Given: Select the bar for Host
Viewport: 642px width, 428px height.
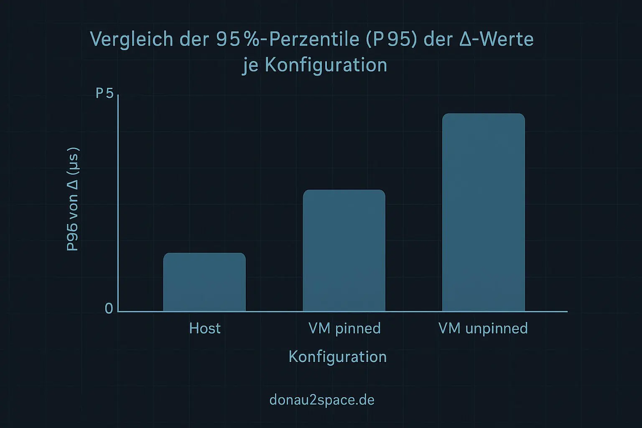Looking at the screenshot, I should pos(204,282).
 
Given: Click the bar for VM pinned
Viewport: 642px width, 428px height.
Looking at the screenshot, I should pos(344,251).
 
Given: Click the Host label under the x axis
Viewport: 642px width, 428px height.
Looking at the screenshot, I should pos(204,329).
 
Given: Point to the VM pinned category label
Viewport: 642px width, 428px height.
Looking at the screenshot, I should pos(344,329).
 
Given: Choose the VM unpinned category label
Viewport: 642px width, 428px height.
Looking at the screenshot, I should pos(483,329).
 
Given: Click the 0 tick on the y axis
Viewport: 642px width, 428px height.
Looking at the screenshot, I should pos(109,309).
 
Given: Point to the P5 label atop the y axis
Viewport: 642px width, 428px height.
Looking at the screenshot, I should pos(104,93).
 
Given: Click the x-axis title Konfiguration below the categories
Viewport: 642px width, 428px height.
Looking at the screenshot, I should pos(337,357).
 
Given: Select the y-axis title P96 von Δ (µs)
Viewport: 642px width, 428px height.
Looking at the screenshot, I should pos(72,199).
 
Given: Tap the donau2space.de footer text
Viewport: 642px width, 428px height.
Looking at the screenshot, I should pos(322,400).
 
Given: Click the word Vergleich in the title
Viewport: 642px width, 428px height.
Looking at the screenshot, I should pos(132,40).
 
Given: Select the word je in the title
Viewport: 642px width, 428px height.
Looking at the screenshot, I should pos(250,66).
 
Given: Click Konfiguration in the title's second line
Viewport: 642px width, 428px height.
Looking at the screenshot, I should pos(326,65).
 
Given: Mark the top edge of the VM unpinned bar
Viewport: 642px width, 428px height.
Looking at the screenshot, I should pos(483,114).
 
